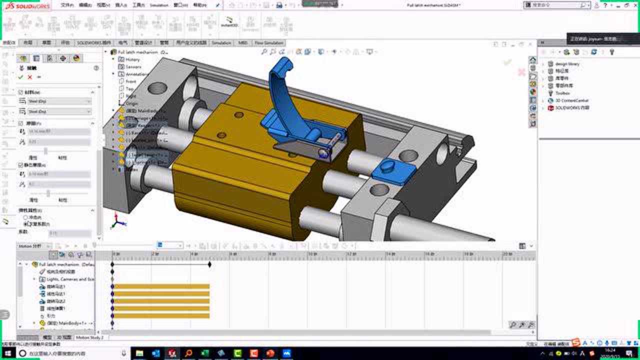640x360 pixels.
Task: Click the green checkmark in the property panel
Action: coord(20,77)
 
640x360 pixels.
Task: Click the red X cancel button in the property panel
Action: coord(30,77)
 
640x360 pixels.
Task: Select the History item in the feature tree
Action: coord(132,59)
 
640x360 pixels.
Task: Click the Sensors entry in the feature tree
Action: coord(133,66)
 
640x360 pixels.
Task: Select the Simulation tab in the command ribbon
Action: coord(221,43)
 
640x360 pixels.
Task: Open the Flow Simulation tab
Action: coord(269,43)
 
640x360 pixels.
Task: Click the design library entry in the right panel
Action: coord(567,64)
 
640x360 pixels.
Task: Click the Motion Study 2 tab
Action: coord(89,337)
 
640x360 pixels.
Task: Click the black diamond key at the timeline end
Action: coord(209,264)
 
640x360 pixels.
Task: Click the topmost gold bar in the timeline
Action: coord(160,286)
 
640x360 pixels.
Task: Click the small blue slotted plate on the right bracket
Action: coord(393,170)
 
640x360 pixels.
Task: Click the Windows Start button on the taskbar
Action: coord(8,353)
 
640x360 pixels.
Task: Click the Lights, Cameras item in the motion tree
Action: coord(70,279)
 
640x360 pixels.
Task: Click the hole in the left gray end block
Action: coord(157,88)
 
